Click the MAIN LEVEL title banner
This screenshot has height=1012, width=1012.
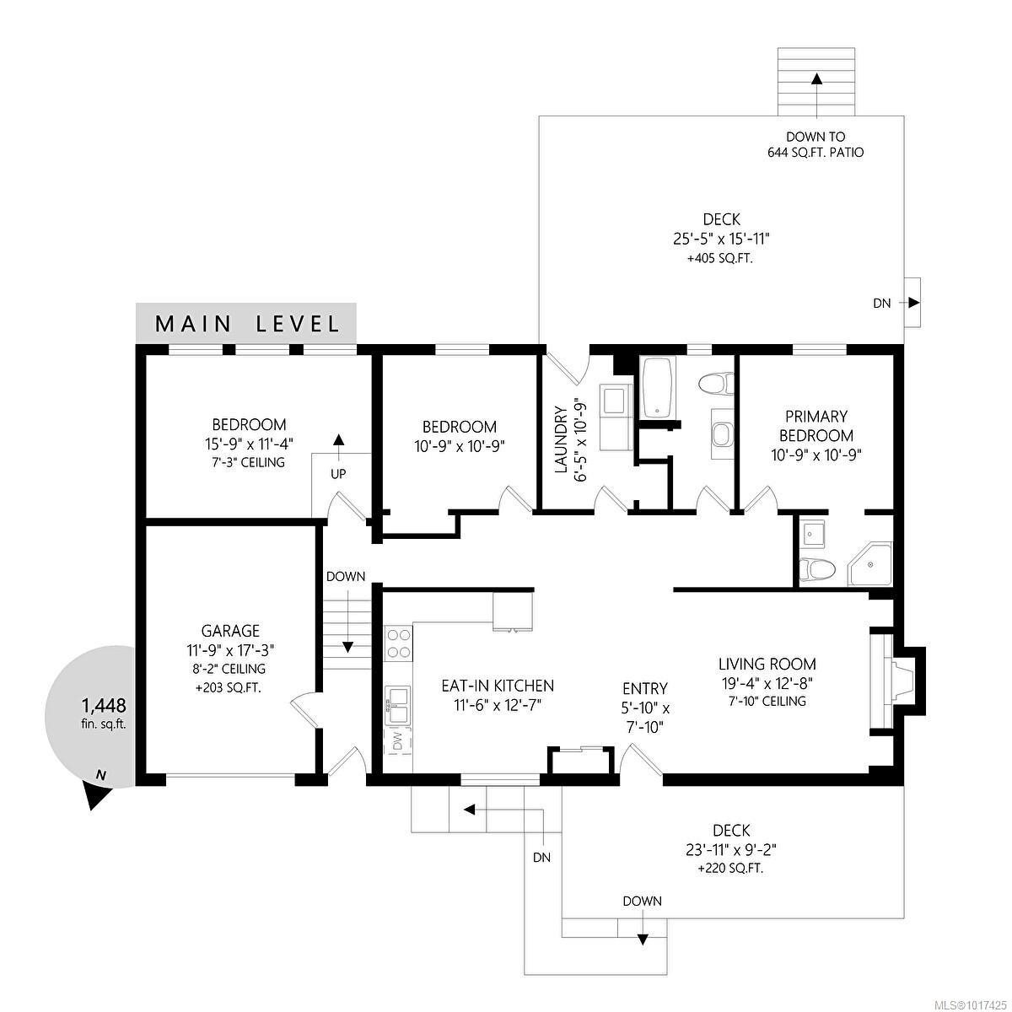click(245, 323)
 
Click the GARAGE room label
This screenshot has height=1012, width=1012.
click(230, 630)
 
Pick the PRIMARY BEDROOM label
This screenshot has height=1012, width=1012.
click(816, 426)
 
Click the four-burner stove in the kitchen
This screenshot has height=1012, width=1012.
click(399, 644)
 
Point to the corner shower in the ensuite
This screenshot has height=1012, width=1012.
click(869, 564)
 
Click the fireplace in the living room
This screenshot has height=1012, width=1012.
click(896, 681)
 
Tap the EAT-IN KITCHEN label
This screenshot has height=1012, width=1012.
click(498, 686)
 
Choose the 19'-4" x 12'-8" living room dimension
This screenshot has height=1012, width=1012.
click(767, 683)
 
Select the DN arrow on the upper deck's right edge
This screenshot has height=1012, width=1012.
click(909, 303)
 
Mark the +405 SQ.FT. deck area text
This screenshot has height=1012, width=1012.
click(720, 259)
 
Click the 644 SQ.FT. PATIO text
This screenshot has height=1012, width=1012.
click(816, 153)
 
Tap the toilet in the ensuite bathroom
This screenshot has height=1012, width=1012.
click(817, 568)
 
